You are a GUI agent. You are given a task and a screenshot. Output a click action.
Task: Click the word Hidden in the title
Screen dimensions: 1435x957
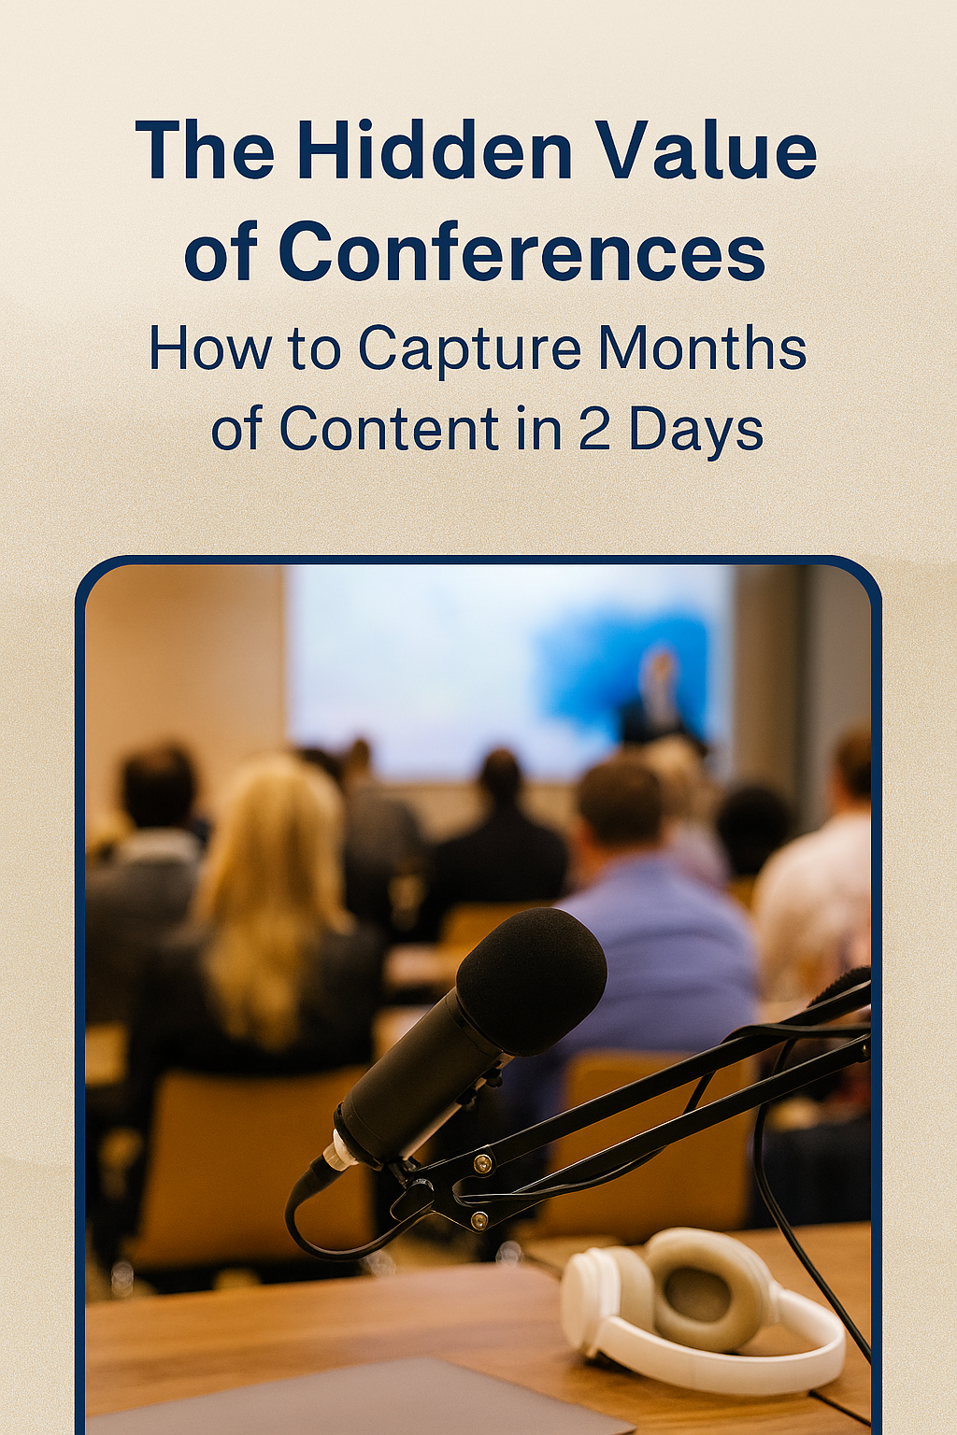[434, 150]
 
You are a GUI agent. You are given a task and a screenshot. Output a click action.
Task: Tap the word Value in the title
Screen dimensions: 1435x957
[707, 150]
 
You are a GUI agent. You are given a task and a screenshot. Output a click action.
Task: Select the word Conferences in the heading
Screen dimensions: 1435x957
[521, 252]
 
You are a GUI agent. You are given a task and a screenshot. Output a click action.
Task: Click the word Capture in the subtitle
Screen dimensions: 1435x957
[470, 350]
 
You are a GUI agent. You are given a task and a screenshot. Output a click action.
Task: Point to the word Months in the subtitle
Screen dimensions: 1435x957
[702, 348]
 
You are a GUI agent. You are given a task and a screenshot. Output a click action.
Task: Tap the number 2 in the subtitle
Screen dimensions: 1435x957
[594, 430]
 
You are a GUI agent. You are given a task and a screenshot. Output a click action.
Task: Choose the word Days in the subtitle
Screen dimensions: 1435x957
[696, 432]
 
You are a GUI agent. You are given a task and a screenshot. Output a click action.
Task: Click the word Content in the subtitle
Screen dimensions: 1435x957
[389, 430]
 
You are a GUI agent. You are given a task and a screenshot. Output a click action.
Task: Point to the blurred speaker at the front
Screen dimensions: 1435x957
[659, 696]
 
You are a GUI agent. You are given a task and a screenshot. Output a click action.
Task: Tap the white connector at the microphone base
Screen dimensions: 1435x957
[341, 1157]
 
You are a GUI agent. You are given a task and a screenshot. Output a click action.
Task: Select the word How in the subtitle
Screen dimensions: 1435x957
[207, 350]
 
